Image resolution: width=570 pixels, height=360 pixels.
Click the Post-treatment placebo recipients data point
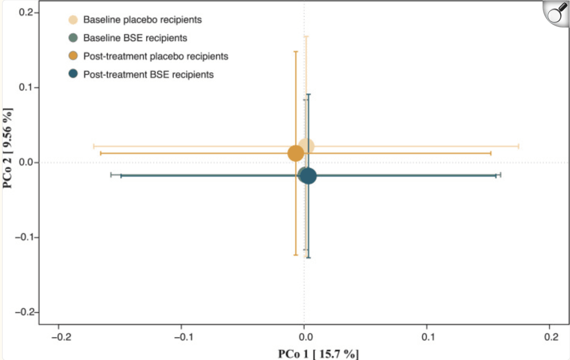coord(296,153)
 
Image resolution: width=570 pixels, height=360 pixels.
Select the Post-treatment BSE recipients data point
coord(309,176)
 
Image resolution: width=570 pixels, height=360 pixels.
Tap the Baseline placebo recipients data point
coord(306,146)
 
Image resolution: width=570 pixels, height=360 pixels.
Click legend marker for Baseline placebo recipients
coord(73,20)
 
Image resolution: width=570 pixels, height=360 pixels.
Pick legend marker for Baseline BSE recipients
coord(73,38)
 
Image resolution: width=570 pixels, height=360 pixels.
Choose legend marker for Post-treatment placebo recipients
coord(73,56)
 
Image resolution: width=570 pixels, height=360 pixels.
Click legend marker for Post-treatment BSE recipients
coord(73,74)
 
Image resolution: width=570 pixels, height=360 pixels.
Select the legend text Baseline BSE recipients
coord(135,38)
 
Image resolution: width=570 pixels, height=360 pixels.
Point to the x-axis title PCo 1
coord(318,354)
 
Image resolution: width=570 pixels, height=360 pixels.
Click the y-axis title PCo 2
coord(7,148)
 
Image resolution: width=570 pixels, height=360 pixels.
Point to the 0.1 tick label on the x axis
coord(428,337)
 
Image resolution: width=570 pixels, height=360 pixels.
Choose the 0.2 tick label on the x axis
coord(551,337)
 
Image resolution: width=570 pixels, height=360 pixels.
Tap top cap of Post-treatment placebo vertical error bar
coord(296,51)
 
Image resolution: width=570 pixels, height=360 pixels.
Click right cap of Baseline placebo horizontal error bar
coord(519,146)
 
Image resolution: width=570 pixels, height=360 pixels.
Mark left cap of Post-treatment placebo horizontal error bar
coord(101,153)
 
